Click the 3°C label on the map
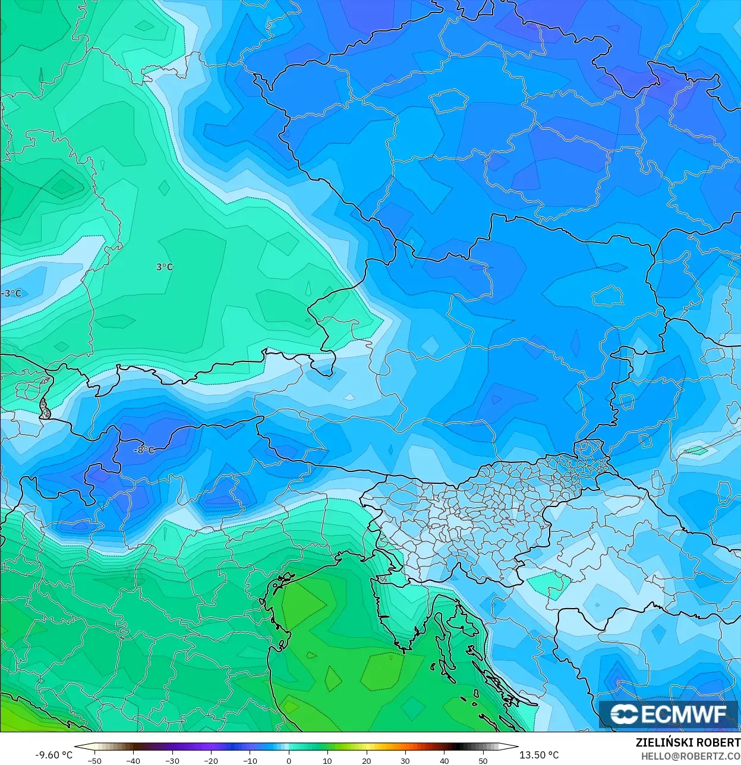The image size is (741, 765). point(165,267)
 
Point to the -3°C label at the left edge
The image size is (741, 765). point(11,293)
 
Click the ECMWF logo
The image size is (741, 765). point(669,714)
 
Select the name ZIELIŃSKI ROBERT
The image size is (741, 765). point(688,743)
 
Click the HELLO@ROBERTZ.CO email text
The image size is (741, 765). point(690,755)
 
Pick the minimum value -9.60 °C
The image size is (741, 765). point(53,755)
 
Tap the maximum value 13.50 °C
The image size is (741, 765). point(539,755)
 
